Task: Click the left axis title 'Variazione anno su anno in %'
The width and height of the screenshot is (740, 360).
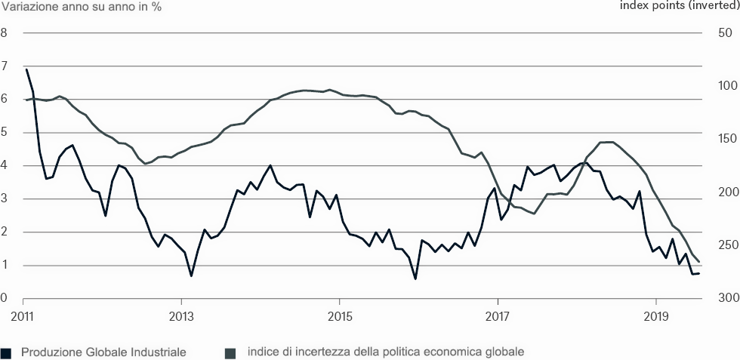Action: (x=81, y=7)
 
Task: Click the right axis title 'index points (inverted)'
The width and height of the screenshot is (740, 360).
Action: (x=679, y=7)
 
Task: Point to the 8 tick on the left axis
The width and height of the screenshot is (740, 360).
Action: (x=4, y=33)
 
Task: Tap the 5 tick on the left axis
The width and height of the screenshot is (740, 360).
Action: (x=4, y=133)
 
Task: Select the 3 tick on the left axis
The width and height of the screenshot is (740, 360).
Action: (x=4, y=199)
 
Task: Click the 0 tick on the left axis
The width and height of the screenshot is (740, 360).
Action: (x=4, y=299)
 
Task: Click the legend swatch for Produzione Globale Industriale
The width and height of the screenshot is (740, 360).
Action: (x=7, y=352)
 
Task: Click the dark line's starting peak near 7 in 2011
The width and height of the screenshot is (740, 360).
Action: (x=26, y=69)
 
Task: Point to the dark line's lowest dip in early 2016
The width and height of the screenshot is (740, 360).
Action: (x=415, y=278)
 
